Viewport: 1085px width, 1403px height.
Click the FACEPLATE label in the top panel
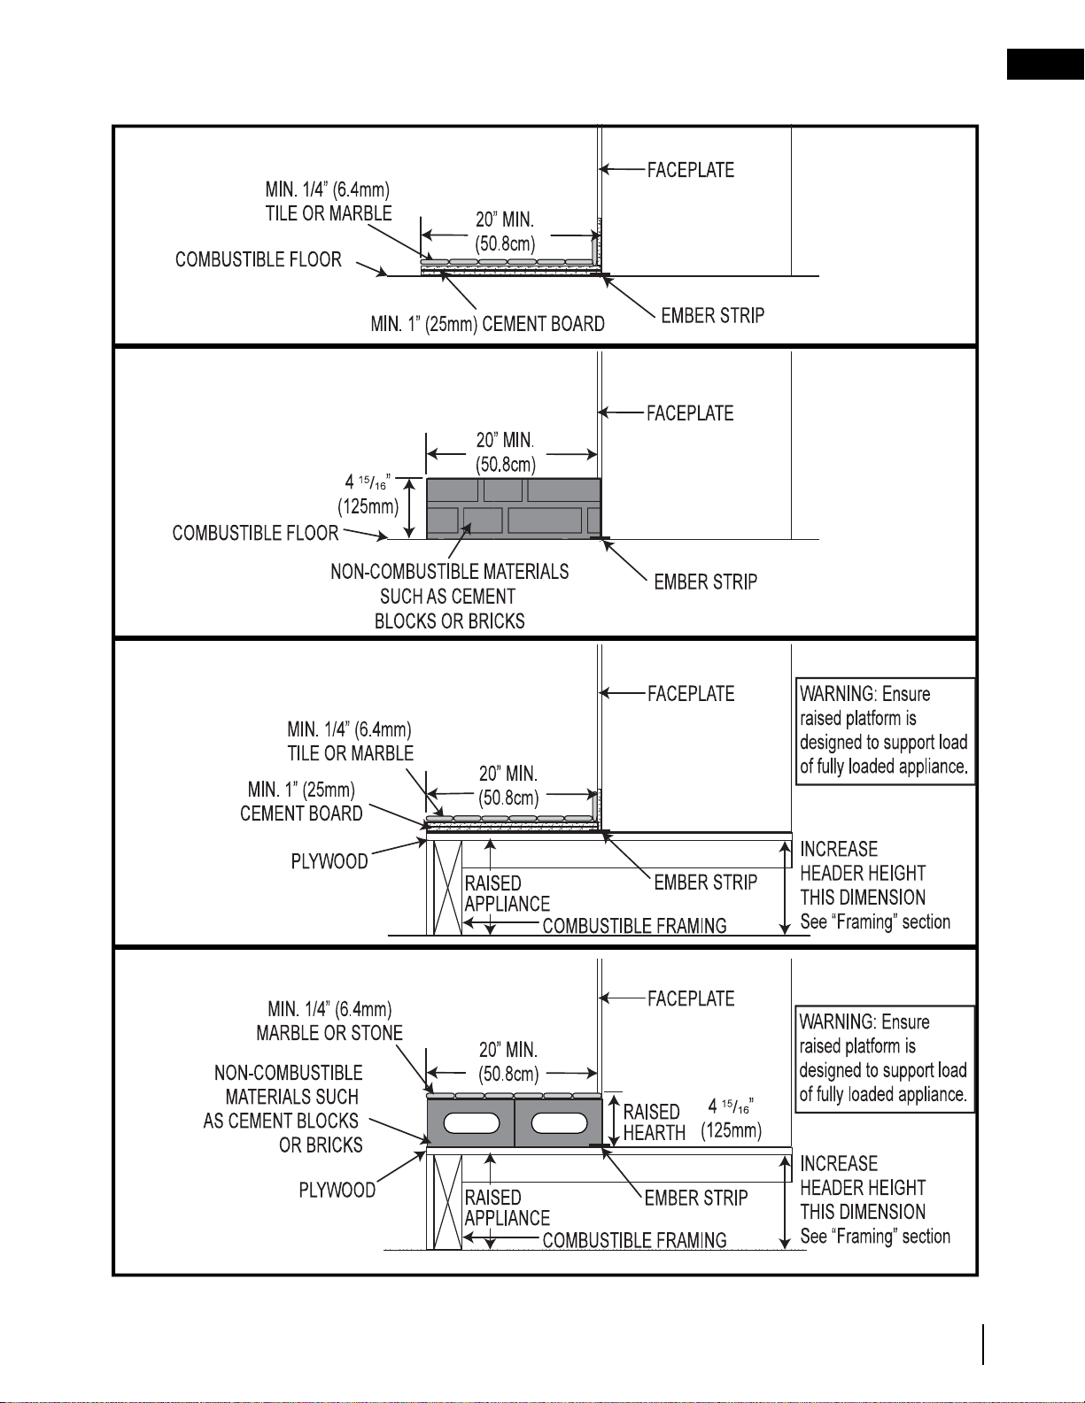coord(690,170)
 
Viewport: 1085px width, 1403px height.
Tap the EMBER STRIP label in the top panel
coord(712,316)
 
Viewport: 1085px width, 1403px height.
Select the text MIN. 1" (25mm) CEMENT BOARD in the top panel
coord(488,323)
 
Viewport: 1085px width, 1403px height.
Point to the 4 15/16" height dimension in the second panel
coord(368,494)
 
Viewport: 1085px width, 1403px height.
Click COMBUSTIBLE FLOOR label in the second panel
coord(256,533)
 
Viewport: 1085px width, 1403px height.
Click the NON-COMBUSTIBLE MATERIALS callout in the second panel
coord(450,596)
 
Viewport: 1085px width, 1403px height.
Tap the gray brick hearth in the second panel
coord(514,508)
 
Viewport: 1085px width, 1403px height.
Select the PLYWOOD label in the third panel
coord(329,861)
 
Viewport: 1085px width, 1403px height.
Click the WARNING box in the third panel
coord(884,731)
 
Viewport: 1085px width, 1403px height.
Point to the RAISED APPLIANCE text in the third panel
coord(507,893)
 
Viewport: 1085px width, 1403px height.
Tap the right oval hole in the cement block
coord(559,1124)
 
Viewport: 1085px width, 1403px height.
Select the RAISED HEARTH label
coord(653,1122)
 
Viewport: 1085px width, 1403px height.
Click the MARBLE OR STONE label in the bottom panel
coord(329,1032)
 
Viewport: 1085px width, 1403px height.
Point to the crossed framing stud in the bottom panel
coord(447,1201)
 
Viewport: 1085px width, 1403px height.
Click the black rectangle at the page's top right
coord(1046,64)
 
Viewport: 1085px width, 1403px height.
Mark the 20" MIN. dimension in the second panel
coord(506,452)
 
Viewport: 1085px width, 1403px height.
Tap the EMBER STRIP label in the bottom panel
coord(695,1198)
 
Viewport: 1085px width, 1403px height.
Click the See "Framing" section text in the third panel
coord(875,921)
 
